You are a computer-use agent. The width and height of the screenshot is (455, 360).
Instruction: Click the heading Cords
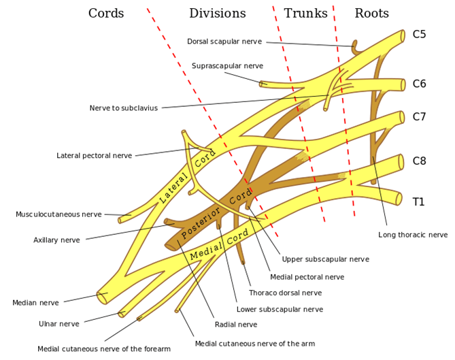[106, 14]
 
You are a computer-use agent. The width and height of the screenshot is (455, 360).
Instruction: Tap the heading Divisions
[217, 14]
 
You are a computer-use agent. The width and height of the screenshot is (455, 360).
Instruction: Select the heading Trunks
[305, 14]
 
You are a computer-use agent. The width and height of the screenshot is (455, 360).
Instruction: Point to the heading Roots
[371, 14]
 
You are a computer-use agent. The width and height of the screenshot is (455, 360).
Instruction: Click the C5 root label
[420, 34]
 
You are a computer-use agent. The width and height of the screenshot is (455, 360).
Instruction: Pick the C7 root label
[420, 116]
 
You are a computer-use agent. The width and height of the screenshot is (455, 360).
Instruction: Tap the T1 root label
[419, 201]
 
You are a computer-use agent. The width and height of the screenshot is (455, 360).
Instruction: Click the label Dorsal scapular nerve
[224, 42]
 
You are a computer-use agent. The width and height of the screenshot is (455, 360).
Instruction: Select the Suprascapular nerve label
[227, 66]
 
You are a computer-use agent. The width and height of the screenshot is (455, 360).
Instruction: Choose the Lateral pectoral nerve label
[94, 156]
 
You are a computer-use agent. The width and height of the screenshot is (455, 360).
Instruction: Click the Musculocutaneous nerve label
[58, 214]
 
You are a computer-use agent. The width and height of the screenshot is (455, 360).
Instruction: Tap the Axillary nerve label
[56, 240]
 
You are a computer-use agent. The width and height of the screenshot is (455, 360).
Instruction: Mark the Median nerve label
[35, 302]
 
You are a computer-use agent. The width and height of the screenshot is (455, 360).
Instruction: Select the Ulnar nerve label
[58, 324]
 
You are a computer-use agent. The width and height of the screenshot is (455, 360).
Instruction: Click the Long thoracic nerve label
[413, 235]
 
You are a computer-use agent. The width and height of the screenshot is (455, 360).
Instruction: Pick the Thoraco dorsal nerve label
[285, 293]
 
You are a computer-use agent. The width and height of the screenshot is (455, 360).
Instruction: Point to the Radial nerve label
[235, 325]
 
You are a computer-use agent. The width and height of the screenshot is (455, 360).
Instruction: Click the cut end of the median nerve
[102, 296]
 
